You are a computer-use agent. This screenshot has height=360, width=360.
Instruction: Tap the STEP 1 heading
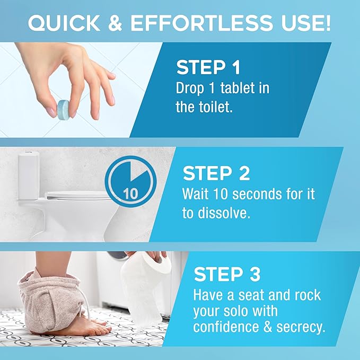tap(208, 68)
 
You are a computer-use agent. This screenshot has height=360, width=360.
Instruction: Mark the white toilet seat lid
tap(74, 195)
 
